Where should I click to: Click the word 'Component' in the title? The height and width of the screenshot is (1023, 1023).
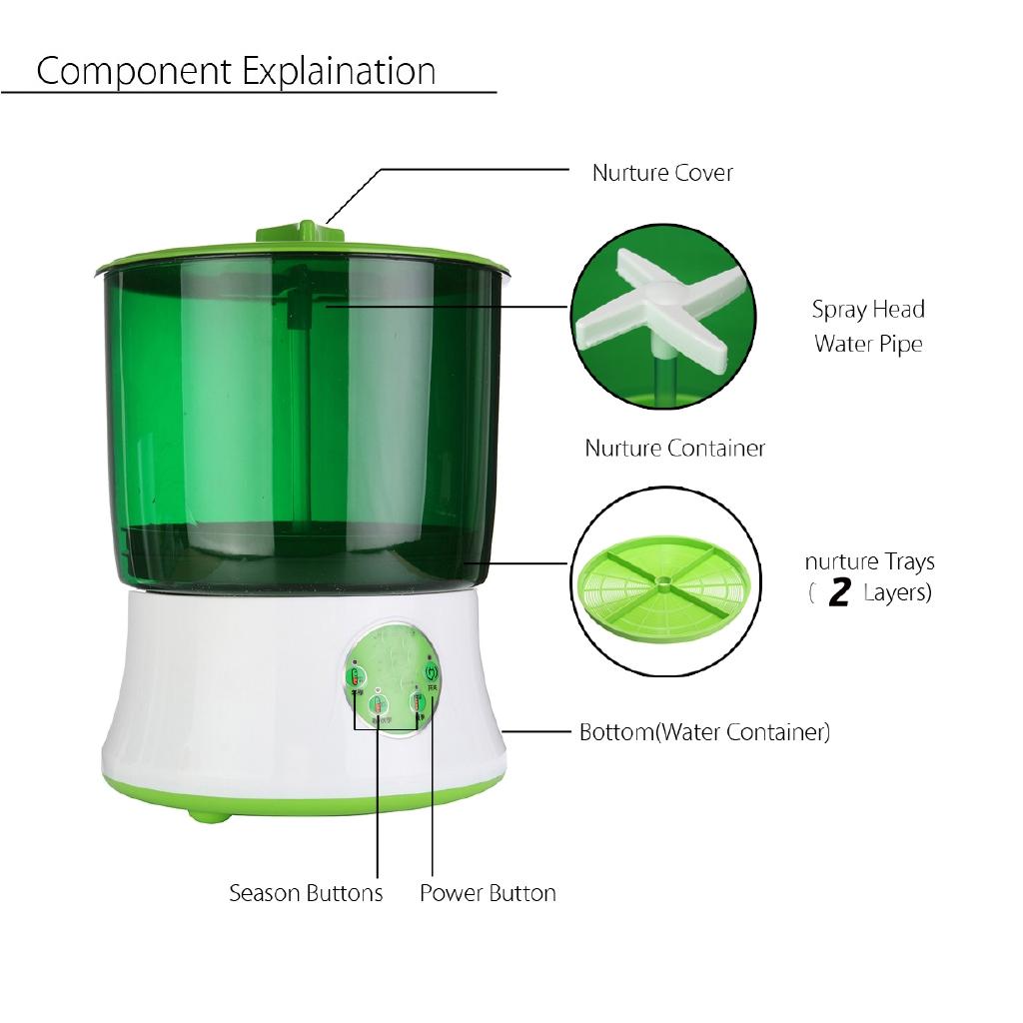[133, 72]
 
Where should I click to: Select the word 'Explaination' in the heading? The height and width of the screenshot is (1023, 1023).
[338, 72]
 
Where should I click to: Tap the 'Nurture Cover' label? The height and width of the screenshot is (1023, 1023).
[662, 173]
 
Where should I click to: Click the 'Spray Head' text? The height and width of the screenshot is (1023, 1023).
[868, 310]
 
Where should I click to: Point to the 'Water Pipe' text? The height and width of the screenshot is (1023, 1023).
[868, 345]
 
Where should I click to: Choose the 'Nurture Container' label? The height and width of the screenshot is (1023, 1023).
[675, 449]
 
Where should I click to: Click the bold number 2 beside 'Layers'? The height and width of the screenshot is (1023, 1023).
[839, 593]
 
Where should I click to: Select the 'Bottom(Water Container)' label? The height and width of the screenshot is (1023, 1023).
[704, 732]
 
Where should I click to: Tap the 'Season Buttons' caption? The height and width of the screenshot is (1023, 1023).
[306, 893]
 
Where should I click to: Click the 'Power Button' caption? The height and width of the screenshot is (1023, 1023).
[488, 893]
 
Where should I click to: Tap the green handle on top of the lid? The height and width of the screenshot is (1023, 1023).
[301, 233]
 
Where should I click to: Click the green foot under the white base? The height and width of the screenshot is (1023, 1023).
[208, 815]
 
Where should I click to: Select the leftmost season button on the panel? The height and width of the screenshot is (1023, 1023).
[355, 678]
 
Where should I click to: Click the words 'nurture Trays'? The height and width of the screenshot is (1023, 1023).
[869, 562]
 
